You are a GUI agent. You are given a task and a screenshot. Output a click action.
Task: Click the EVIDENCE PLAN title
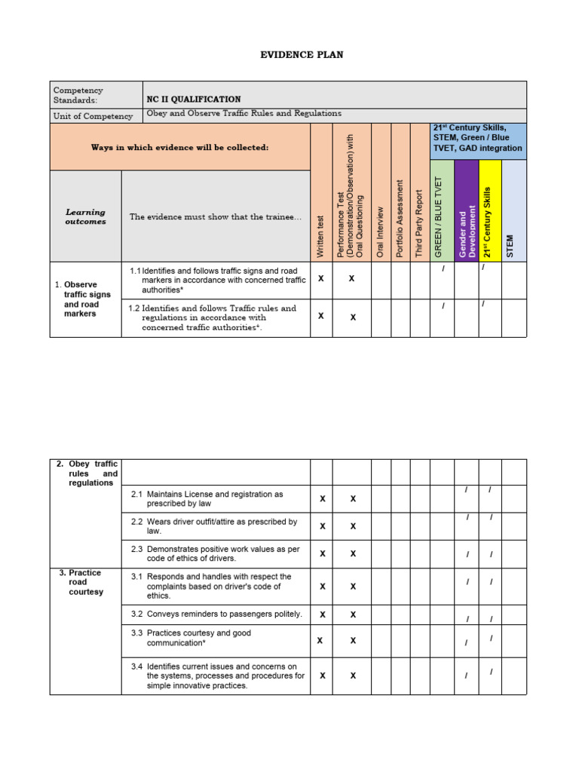pyautogui.click(x=290, y=55)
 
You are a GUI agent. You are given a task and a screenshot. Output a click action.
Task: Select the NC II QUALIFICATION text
pyautogui.click(x=194, y=100)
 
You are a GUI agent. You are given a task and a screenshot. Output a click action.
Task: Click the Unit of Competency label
pyautogui.click(x=93, y=116)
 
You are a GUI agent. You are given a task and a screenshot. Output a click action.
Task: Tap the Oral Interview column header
pyautogui.click(x=381, y=232)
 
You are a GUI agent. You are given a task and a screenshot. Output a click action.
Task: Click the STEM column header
pyautogui.click(x=513, y=246)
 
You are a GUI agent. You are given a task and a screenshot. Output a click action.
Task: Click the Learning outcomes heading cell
pyautogui.click(x=85, y=217)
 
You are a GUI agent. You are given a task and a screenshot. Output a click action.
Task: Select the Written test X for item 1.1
pyautogui.click(x=321, y=278)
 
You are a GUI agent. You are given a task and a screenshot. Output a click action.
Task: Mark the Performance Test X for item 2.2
pyautogui.click(x=353, y=526)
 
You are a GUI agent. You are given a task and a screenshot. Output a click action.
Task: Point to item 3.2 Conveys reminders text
pyautogui.click(x=224, y=614)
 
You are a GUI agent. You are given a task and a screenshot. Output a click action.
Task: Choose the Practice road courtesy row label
pyautogui.click(x=85, y=582)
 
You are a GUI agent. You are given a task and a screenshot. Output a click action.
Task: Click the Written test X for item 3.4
pyautogui.click(x=322, y=675)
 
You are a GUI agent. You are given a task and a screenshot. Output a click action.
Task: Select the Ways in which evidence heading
pyautogui.click(x=179, y=148)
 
